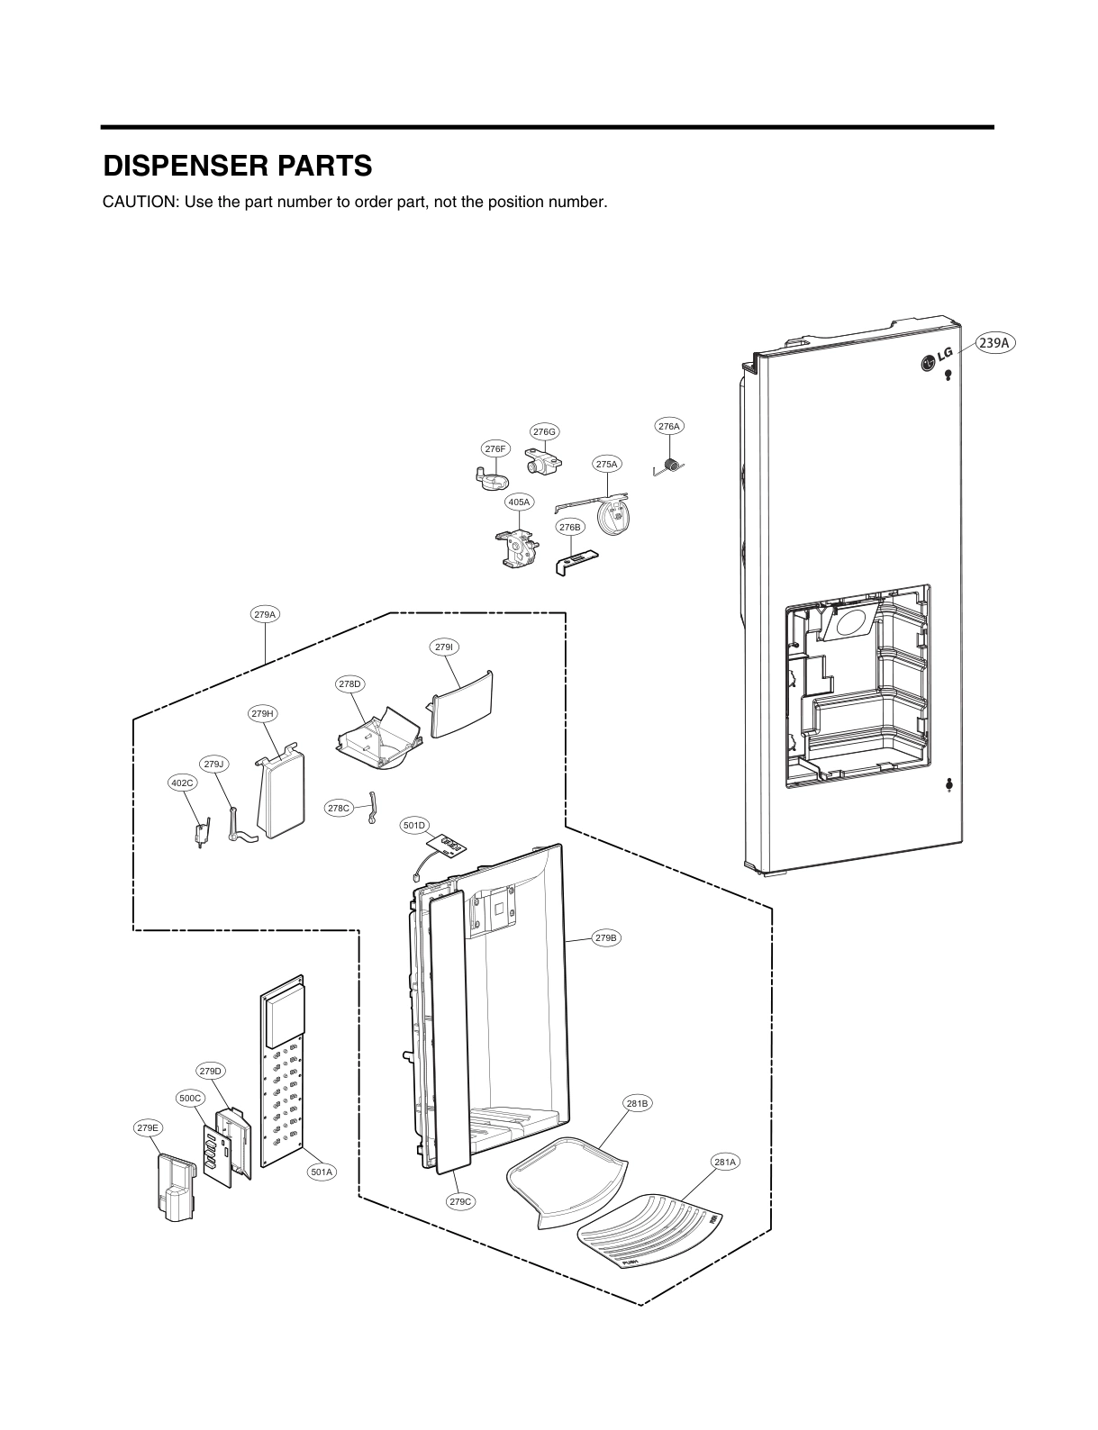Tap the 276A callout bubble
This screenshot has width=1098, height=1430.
(x=668, y=426)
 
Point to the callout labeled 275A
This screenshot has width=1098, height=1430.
(x=607, y=464)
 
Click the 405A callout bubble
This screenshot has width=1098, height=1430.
(x=519, y=502)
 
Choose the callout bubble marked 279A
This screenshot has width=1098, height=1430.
(x=265, y=615)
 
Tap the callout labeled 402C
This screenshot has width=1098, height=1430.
(x=183, y=783)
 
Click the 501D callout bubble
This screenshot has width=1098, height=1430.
(x=414, y=825)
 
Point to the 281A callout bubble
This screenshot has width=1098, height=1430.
(x=725, y=1163)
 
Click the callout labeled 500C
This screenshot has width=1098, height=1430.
(x=191, y=1098)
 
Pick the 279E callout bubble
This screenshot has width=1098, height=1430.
(x=148, y=1127)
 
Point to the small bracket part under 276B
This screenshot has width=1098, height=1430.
(x=574, y=562)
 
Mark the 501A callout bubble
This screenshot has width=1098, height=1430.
(x=322, y=1172)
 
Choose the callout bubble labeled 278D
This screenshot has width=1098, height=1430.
(x=349, y=684)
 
